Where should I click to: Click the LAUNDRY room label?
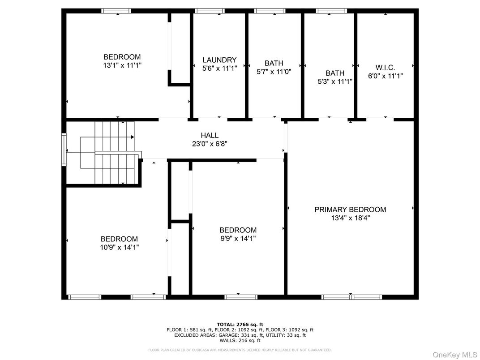pos(219,60)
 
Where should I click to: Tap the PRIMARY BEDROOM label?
pos(350,210)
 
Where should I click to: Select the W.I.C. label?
pos(385,67)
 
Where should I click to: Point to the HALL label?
pos(210,135)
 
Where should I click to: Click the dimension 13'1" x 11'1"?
pos(122,65)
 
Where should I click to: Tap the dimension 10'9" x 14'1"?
pos(119,247)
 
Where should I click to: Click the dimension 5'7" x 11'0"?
pos(274,72)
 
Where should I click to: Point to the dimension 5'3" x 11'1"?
pos(335,81)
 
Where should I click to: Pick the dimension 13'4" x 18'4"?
pos(350,218)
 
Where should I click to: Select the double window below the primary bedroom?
pos(352,296)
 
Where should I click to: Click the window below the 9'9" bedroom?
pos(241,296)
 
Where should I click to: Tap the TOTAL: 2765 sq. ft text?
pos(240,324)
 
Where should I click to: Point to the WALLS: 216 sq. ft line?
pos(240,340)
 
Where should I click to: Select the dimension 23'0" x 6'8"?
pos(210,144)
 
